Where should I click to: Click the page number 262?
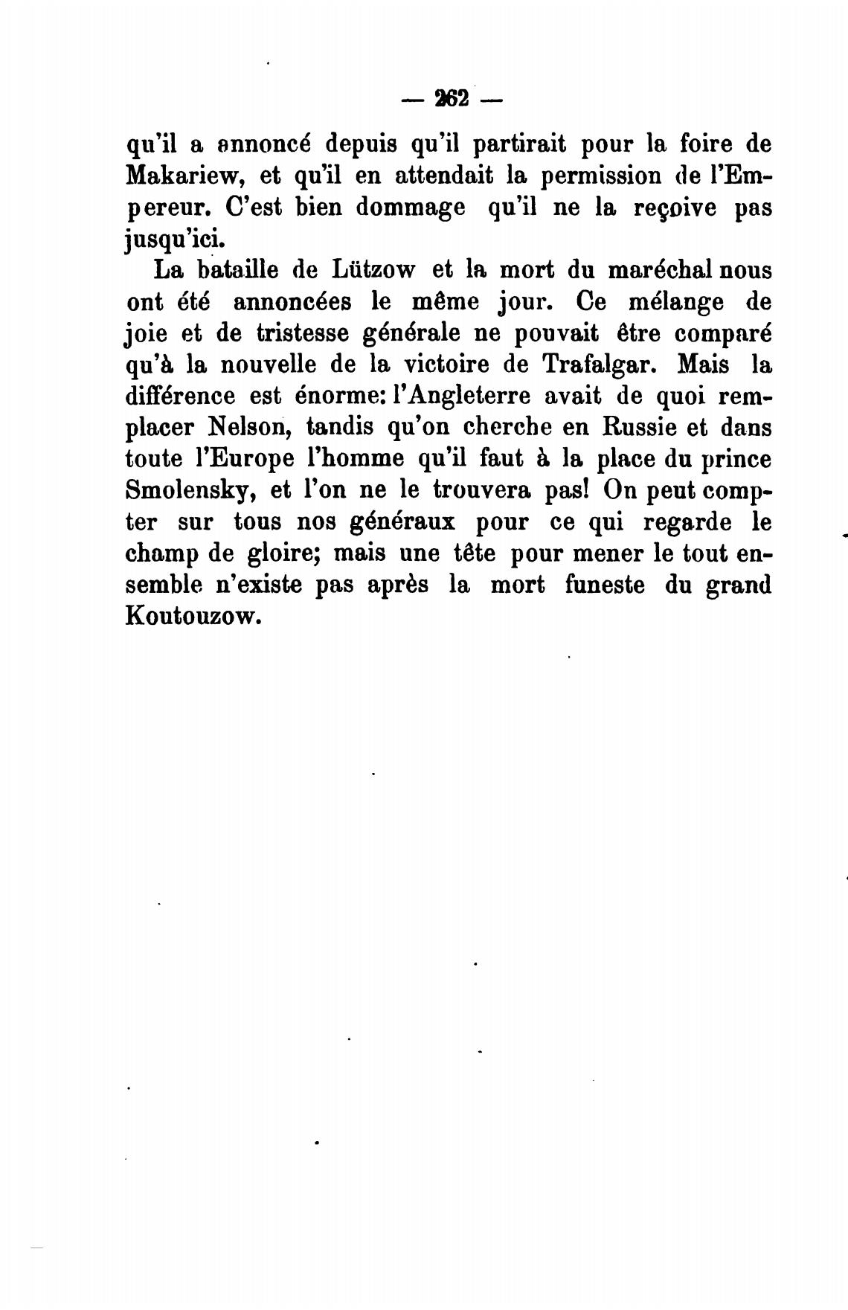pyautogui.click(x=451, y=98)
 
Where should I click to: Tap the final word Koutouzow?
pyautogui.click(x=194, y=617)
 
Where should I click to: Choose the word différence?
pyautogui.click(x=181, y=396)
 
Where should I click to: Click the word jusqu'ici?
pyautogui.click(x=173, y=240)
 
